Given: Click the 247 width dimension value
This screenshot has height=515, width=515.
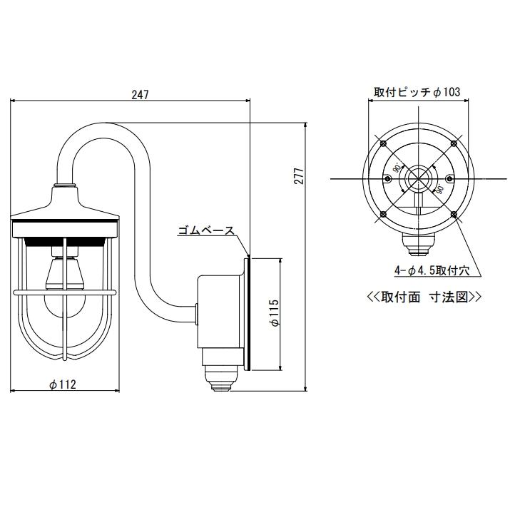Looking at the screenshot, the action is (x=141, y=95).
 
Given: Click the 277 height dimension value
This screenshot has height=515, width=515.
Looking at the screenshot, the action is (x=300, y=175).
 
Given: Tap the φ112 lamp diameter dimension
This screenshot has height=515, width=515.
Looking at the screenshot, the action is (x=63, y=384).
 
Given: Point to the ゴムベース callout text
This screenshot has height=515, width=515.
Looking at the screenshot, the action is (x=206, y=230).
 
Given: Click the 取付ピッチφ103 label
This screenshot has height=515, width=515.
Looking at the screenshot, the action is (x=417, y=91).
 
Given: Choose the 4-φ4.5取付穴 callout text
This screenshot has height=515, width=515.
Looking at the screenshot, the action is (x=432, y=270).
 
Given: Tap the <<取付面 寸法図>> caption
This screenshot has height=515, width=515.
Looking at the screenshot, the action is (x=424, y=297).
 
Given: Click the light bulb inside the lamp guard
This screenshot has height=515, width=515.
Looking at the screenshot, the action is (x=65, y=304).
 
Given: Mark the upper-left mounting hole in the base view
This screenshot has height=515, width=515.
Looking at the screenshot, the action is (x=383, y=143).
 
